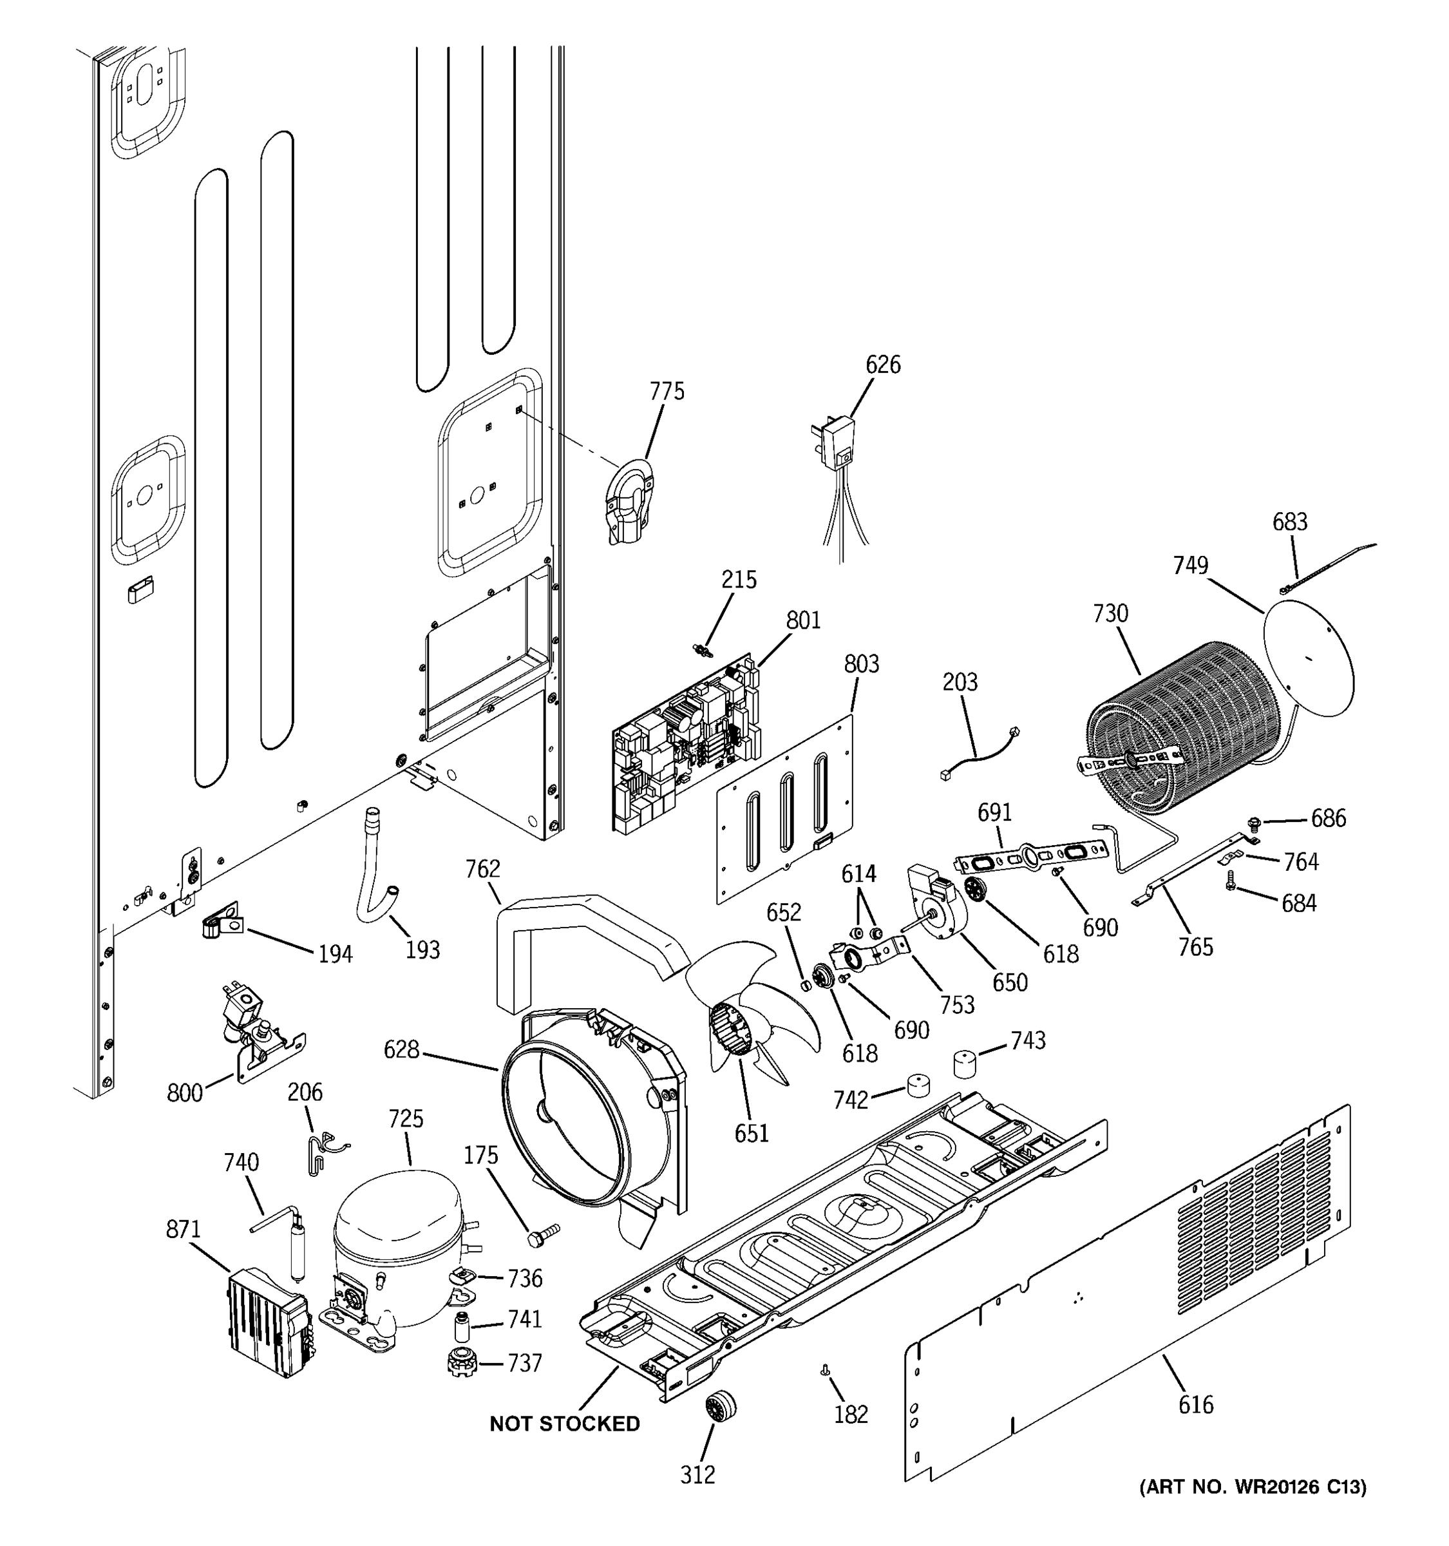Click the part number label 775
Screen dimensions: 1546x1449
667,391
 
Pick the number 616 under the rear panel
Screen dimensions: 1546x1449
1195,1404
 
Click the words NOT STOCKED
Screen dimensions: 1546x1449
564,1423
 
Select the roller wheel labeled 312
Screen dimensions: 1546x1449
721,1406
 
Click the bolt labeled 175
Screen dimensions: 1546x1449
544,1234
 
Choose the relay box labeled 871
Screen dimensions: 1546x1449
268,1322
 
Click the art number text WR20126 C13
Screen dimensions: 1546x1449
1253,1487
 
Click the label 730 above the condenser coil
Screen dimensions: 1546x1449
1110,614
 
